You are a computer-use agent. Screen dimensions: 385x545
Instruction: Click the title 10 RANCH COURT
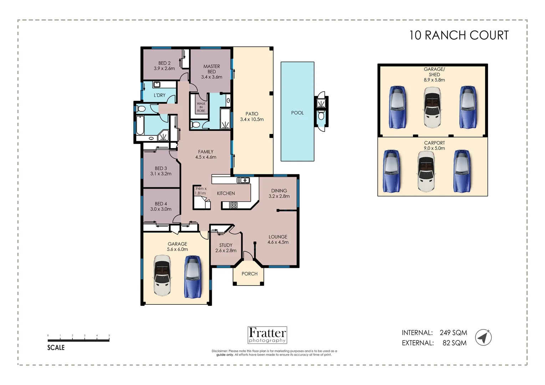pyautogui.click(x=459, y=35)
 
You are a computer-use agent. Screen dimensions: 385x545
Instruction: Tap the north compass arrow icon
pyautogui.click(x=483, y=337)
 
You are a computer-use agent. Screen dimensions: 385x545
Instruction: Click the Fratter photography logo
pyautogui.click(x=267, y=335)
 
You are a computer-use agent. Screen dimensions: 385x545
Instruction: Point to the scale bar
pyautogui.click(x=78, y=340)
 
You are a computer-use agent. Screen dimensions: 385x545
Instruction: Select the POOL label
pyautogui.click(x=297, y=113)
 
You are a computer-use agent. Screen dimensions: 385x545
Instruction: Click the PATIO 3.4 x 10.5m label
pyautogui.click(x=252, y=117)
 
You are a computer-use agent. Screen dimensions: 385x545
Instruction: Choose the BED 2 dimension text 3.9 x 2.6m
pyautogui.click(x=164, y=68)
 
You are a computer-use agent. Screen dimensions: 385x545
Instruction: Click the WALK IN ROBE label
pyautogui.click(x=201, y=107)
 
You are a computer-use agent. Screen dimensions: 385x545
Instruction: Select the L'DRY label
pyautogui.click(x=159, y=95)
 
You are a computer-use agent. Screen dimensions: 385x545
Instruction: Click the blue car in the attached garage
pyautogui.click(x=193, y=277)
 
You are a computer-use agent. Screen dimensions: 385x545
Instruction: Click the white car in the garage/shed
pyautogui.click(x=432, y=107)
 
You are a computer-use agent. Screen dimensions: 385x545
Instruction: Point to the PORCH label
pyautogui.click(x=249, y=274)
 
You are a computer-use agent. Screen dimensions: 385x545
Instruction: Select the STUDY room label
pyautogui.click(x=226, y=245)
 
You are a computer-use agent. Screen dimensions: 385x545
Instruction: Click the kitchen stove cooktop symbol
pyautogui.click(x=234, y=205)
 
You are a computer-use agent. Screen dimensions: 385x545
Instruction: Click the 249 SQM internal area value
pyautogui.click(x=453, y=333)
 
